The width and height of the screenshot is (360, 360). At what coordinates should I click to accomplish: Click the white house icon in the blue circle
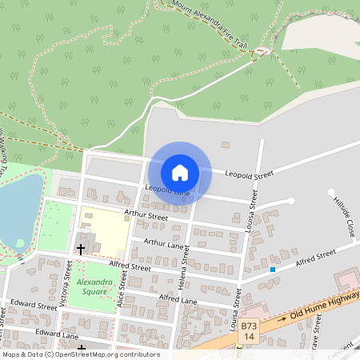(x=180, y=172)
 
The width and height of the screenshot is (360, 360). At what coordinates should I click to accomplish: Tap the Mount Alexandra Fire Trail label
(x=205, y=19)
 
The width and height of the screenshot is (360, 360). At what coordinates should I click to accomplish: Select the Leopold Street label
(x=249, y=174)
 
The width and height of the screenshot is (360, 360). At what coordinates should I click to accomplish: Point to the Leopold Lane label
(x=167, y=190)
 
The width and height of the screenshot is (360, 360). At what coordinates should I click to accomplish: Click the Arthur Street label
(x=146, y=216)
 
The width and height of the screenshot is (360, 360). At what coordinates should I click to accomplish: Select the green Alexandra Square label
(x=95, y=287)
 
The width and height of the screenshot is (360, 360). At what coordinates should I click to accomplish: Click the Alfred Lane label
(x=178, y=299)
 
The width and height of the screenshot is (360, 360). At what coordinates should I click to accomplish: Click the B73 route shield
(x=250, y=326)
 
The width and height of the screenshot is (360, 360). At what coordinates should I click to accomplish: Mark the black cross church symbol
(x=81, y=249)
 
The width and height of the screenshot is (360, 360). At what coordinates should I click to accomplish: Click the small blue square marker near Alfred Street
(x=273, y=270)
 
